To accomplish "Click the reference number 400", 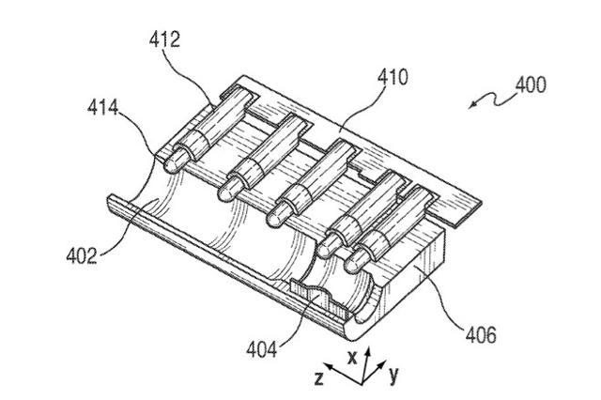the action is pyautogui.click(x=531, y=85).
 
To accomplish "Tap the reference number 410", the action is pyautogui.click(x=393, y=78).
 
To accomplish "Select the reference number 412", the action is pyautogui.click(x=164, y=39).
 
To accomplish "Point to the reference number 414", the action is pyautogui.click(x=102, y=107).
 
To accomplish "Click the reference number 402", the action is pyautogui.click(x=82, y=255).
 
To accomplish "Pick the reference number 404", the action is pyautogui.click(x=261, y=349).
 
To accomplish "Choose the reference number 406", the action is pyautogui.click(x=481, y=334).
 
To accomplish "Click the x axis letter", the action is pyautogui.click(x=352, y=357).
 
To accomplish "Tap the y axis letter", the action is pyautogui.click(x=393, y=375).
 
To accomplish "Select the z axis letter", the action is pyautogui.click(x=319, y=378).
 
